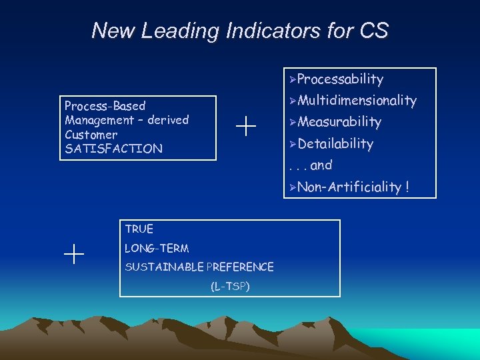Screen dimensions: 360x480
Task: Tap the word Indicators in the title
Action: coord(291,31)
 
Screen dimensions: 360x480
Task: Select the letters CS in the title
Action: coord(373,31)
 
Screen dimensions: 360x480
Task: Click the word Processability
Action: coord(340,79)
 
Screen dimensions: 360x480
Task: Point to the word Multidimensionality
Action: coord(357,101)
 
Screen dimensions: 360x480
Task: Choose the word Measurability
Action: coord(339,122)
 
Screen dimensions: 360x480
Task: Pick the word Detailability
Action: coord(335,143)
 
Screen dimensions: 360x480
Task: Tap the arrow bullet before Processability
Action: coord(292,80)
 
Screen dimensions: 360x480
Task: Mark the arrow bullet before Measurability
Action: coord(292,123)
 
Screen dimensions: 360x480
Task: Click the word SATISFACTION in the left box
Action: coord(113,149)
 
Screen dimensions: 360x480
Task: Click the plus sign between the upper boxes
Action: coord(246,125)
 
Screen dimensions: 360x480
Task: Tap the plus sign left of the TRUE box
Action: coord(74,254)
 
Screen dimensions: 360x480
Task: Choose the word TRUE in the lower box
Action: coord(139,229)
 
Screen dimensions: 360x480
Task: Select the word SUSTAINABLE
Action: coord(163,267)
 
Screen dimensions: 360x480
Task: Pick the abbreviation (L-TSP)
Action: coord(230,287)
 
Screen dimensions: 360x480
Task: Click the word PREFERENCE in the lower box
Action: coord(240,267)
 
